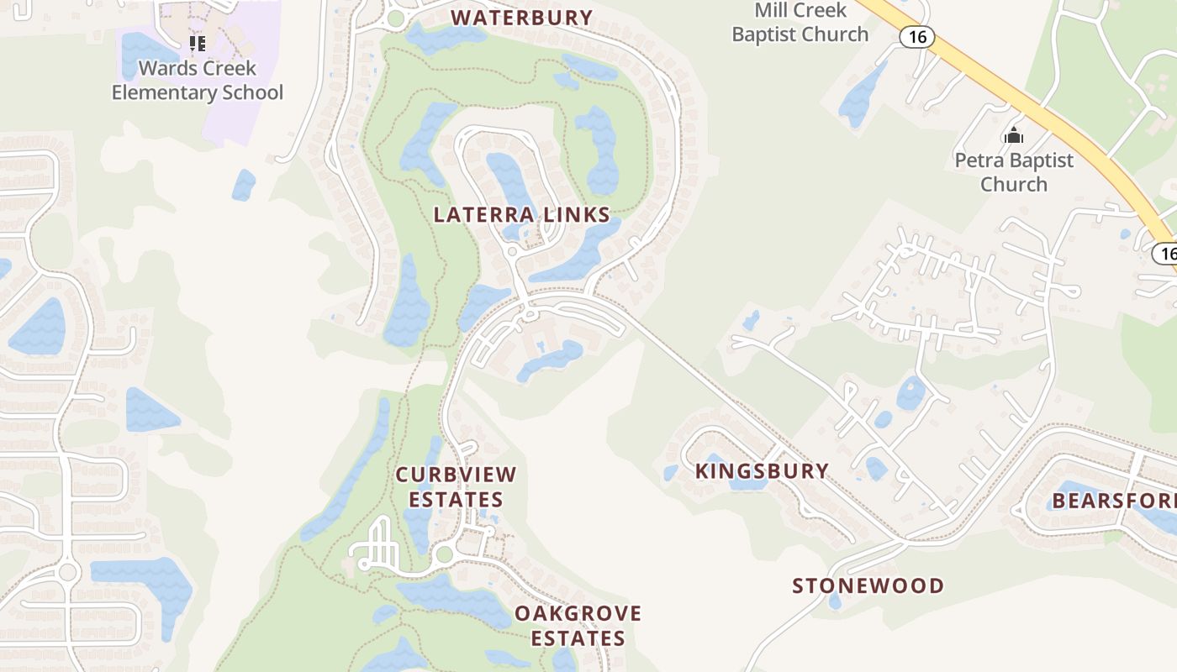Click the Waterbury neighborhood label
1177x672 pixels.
tap(522, 18)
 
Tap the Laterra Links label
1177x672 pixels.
tap(521, 214)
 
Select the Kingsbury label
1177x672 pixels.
tap(762, 470)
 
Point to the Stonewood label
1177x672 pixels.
tap(868, 585)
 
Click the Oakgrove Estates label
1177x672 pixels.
tap(578, 626)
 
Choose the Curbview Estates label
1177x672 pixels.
tap(456, 487)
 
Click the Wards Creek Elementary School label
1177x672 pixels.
tap(198, 81)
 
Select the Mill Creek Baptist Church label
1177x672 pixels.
tap(800, 23)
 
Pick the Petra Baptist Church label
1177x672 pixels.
tap(1014, 172)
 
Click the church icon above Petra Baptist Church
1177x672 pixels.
tap(1014, 135)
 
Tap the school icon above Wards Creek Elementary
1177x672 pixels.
tap(198, 43)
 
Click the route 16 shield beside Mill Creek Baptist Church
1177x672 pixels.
tap(916, 36)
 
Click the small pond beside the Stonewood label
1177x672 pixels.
tap(834, 601)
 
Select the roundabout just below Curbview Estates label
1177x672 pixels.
tap(444, 554)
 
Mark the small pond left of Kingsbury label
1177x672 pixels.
tap(670, 473)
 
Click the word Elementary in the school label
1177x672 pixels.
tap(162, 92)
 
